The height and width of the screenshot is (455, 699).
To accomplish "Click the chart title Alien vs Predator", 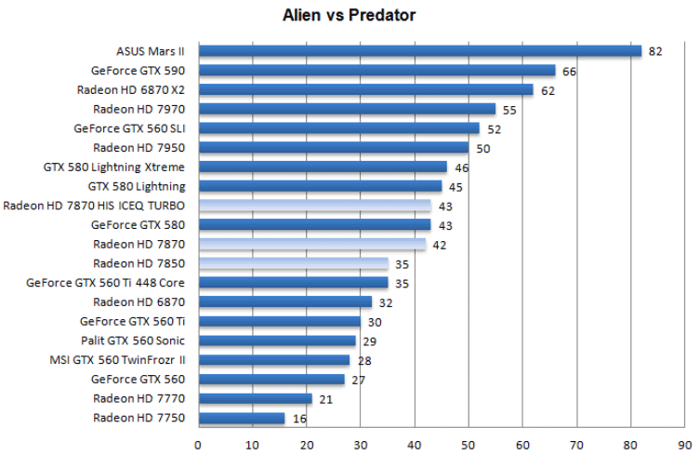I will tap(349, 15).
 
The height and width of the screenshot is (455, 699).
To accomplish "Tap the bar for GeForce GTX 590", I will tap(376, 71).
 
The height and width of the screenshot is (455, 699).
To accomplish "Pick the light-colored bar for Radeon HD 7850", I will tap(293, 263).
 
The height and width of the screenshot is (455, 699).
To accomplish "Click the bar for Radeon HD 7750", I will tap(242, 419).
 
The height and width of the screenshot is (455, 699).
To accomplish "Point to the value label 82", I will tap(655, 51).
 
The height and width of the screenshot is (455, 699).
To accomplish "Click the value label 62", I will tap(547, 90).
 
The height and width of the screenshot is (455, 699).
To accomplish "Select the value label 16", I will tap(299, 419).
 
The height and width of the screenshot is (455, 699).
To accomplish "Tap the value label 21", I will tap(326, 399).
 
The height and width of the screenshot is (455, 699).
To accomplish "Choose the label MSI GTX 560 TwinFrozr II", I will tap(117, 360).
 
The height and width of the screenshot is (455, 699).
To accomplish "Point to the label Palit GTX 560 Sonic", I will tap(133, 341).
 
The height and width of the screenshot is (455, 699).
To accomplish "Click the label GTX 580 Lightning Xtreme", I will tap(114, 167).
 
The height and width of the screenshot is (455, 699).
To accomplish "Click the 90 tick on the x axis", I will tap(685, 444).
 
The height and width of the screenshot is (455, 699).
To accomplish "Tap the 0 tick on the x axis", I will tap(198, 444).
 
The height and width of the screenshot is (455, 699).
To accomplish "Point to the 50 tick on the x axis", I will tap(468, 444).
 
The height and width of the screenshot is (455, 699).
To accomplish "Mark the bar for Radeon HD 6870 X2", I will tap(365, 90).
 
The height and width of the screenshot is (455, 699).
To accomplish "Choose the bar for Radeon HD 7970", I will tap(347, 109).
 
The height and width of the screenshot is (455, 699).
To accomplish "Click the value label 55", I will tap(509, 110).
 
